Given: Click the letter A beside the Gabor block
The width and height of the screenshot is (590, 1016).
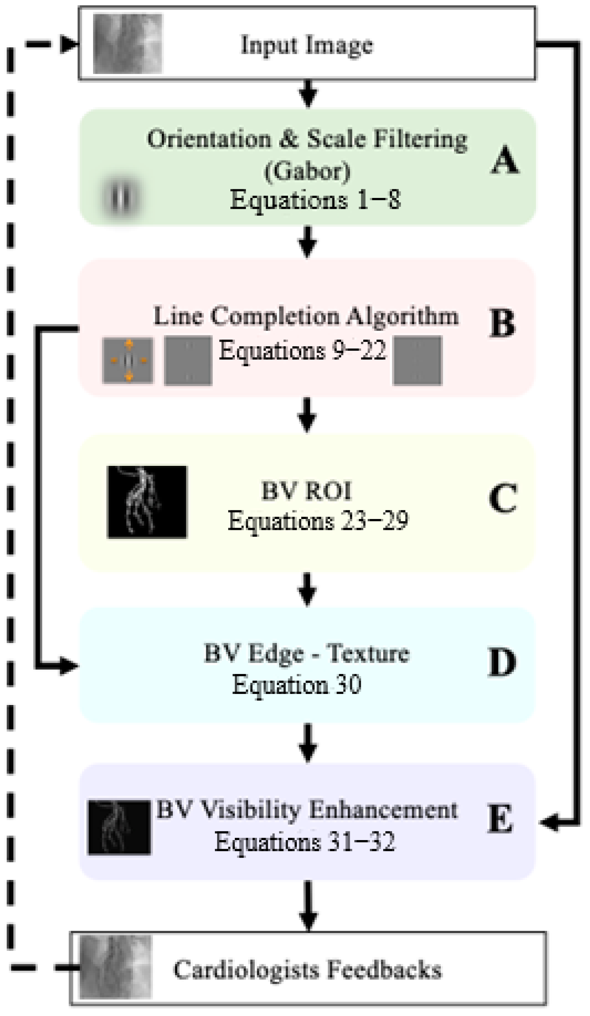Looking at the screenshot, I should point(505,161).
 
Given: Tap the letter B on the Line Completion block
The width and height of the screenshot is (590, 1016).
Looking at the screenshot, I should point(502,324).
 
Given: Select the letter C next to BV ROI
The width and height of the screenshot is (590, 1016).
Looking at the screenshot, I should point(503,498).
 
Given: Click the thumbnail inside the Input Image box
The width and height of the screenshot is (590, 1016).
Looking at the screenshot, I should point(127,43).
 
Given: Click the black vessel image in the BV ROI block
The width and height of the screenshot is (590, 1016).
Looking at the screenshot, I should point(147,502).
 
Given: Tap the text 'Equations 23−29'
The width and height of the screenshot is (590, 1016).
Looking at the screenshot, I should point(318,520).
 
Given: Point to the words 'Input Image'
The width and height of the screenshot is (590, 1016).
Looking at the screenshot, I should point(307,44).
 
